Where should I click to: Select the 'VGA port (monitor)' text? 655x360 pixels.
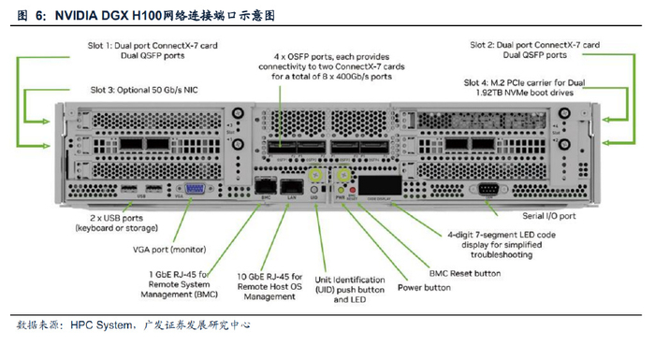coord(164,249)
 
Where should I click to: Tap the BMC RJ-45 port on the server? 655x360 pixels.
coord(268,187)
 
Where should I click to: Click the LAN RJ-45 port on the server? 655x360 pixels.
coord(291,187)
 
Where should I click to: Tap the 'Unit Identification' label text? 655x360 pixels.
coord(350,280)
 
